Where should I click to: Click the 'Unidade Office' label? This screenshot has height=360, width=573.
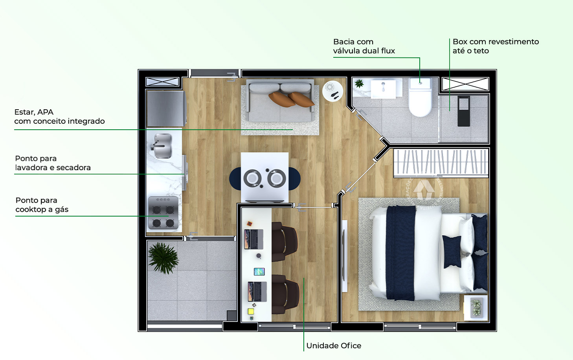[333, 345]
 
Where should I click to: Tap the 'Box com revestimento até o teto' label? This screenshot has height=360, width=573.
[495, 46]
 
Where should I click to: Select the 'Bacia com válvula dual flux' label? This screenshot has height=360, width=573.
[364, 46]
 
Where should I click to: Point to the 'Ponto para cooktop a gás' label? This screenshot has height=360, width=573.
[42, 205]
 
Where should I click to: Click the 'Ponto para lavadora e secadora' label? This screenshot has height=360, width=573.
[53, 163]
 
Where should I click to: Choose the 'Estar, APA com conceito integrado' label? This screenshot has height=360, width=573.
[59, 117]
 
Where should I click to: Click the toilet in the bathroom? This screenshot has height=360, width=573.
[420, 98]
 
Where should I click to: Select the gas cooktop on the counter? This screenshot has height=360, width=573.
[163, 213]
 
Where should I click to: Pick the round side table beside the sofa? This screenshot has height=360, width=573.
[332, 91]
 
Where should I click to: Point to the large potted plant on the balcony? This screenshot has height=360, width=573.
[163, 257]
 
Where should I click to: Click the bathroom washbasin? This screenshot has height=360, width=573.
[383, 88]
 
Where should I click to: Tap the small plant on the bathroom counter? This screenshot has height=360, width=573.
[359, 83]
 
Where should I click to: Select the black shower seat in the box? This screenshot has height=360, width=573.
[463, 111]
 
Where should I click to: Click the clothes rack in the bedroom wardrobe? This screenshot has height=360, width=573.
[441, 162]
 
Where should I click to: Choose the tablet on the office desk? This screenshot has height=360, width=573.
[259, 272]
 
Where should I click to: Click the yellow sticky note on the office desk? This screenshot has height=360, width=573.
[250, 311]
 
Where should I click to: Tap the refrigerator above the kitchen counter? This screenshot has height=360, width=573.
[165, 108]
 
